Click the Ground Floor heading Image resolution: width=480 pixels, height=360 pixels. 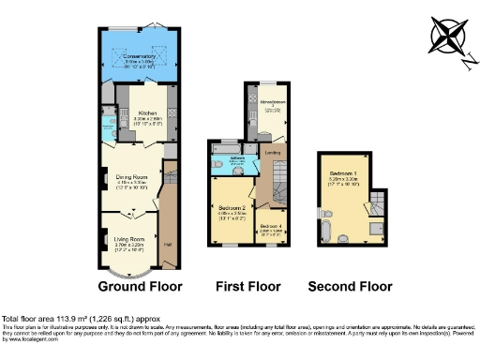tap(140, 286)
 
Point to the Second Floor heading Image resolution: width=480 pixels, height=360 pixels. tap(352, 286)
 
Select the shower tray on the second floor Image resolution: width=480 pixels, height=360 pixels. tap(374, 228)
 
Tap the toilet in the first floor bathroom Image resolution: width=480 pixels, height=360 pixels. tap(217, 165)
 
